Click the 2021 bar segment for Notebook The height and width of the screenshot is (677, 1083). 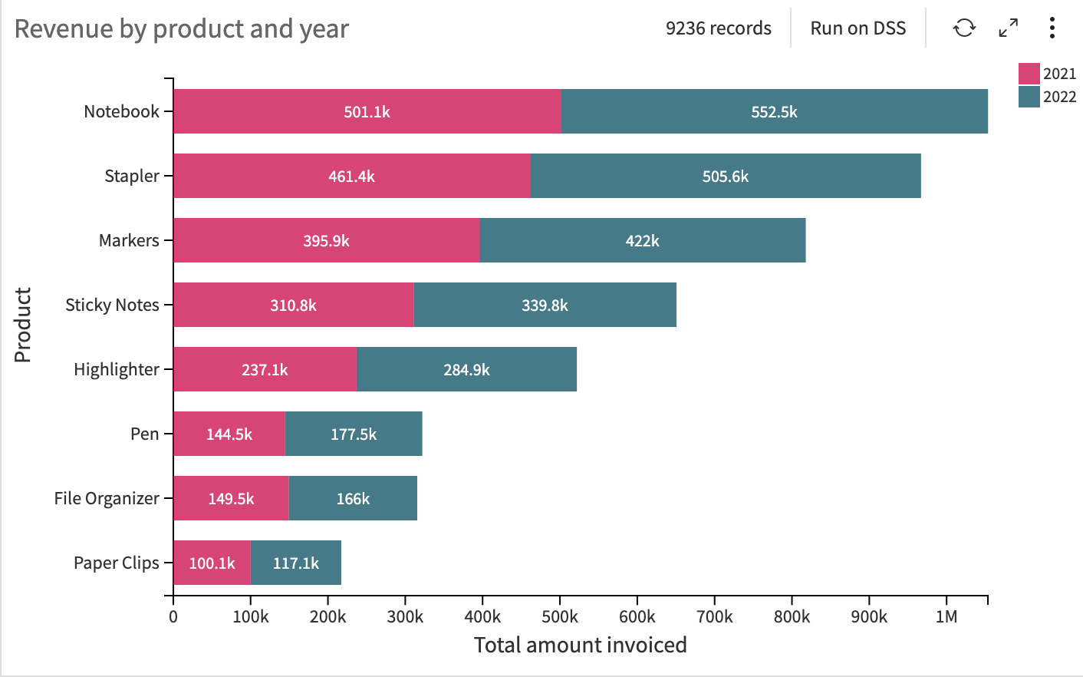click(367, 111)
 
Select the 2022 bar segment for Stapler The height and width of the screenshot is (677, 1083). click(725, 176)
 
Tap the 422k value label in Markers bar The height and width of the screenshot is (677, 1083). click(642, 241)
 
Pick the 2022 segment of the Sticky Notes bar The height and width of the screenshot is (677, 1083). click(545, 305)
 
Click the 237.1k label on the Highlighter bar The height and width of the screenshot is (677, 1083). click(265, 370)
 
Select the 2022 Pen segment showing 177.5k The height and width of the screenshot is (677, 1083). click(354, 434)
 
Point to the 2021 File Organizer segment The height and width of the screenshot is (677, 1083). click(231, 498)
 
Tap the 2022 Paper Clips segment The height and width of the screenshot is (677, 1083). click(296, 563)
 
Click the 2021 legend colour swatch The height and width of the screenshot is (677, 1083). click(1029, 74)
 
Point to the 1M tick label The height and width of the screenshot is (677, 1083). click(946, 617)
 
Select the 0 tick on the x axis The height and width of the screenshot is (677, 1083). click(173, 617)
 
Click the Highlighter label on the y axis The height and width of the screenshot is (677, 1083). click(116, 369)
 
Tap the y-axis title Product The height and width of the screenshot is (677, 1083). click(23, 325)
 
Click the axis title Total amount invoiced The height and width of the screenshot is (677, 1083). click(580, 645)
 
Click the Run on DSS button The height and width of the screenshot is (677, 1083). click(858, 28)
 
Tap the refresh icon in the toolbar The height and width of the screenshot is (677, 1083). click(964, 28)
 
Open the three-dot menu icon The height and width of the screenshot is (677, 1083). click(1052, 28)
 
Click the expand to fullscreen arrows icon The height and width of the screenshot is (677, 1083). click(1009, 28)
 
